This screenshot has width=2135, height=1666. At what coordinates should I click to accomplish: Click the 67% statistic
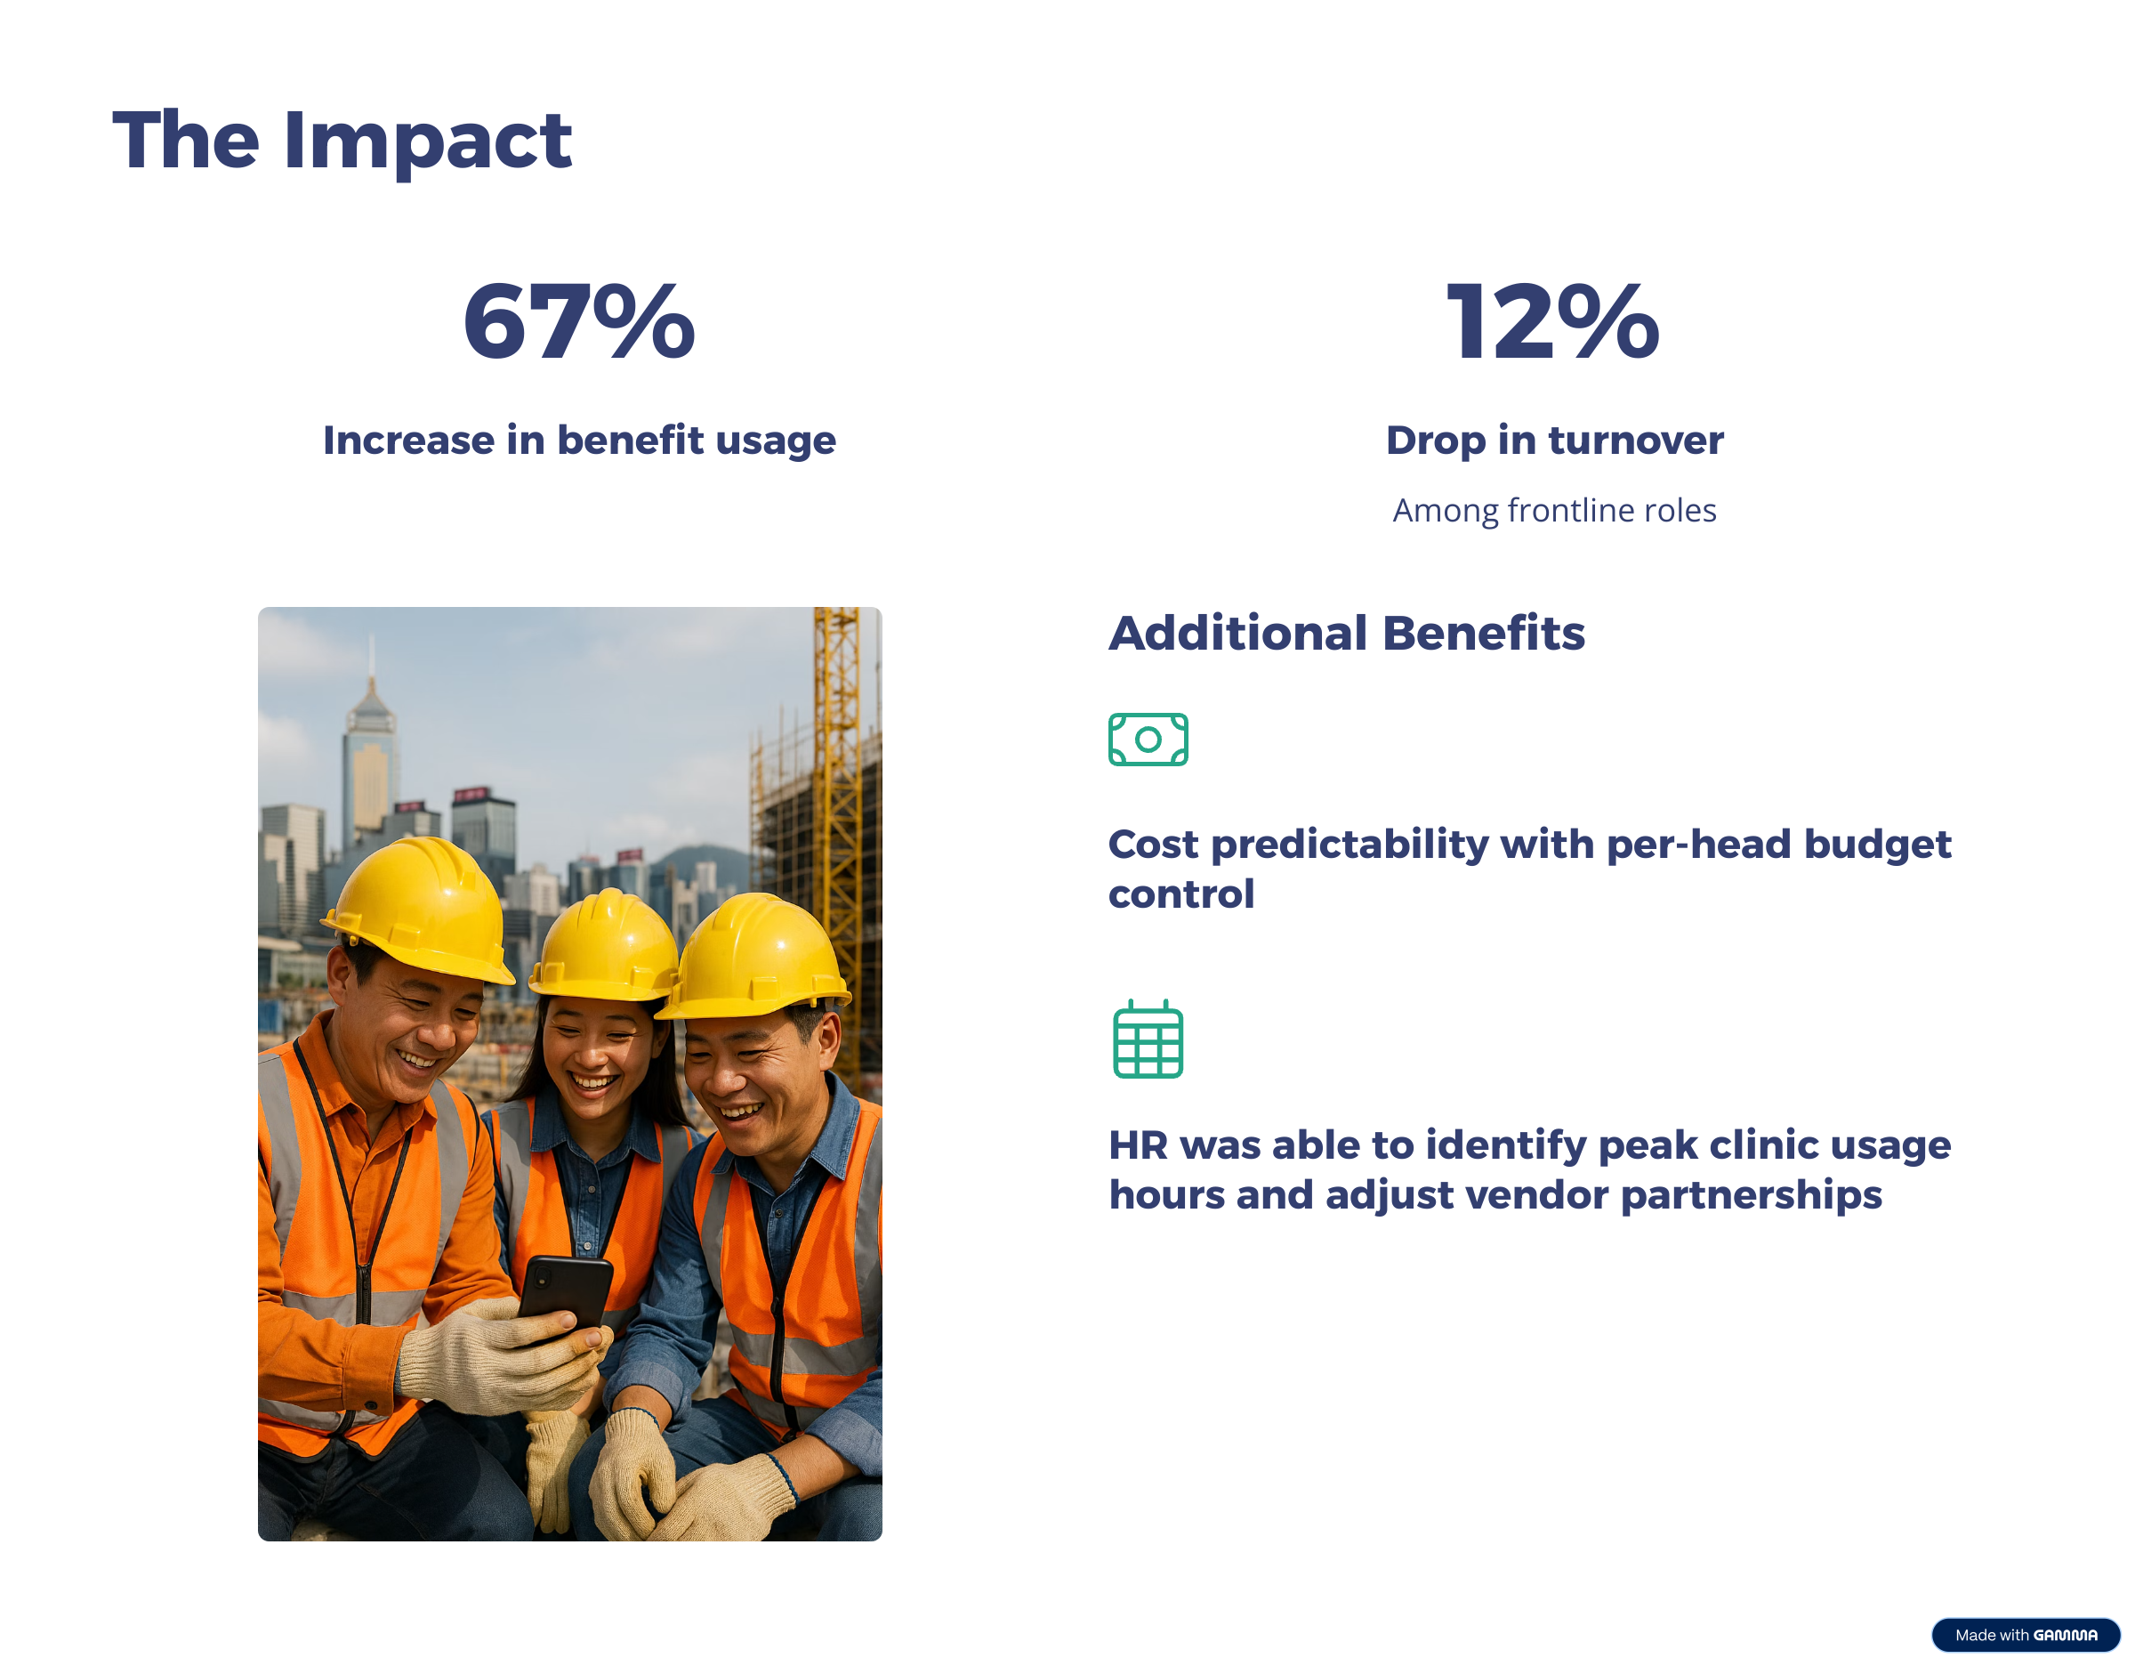point(579,321)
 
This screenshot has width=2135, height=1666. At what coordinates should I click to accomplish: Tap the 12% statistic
point(1553,321)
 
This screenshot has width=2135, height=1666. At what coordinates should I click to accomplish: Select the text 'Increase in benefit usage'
point(580,441)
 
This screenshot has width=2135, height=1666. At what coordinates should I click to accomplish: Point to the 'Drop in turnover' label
point(1554,441)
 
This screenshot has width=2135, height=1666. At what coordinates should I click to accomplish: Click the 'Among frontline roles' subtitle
point(1554,510)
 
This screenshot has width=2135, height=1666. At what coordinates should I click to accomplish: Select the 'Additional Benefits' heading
point(1346,633)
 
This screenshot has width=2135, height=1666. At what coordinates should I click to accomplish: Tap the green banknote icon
point(1148,740)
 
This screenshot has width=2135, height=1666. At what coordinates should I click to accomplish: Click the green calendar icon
point(1148,1039)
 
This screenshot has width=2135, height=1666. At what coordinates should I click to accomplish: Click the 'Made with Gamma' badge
point(2026,1635)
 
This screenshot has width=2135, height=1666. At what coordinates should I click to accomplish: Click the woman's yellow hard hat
point(607,946)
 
